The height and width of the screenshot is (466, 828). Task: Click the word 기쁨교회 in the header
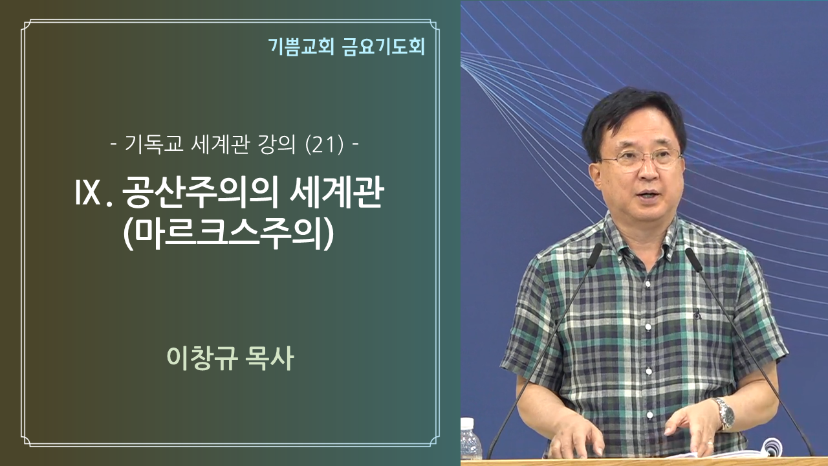tap(301, 47)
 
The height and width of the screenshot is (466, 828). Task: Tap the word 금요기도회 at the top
tap(384, 47)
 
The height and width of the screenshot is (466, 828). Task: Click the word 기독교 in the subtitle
tap(154, 144)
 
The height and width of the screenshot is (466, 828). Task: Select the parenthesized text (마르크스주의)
tap(229, 234)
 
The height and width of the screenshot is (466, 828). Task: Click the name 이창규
tap(202, 358)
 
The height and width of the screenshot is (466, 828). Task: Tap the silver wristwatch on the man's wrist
tap(724, 414)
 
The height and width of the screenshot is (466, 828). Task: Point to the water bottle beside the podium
tap(470, 439)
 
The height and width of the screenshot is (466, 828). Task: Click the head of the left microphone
tap(594, 255)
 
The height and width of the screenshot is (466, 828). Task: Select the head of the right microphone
tap(694, 260)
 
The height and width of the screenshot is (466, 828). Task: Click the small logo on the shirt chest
tap(697, 315)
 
